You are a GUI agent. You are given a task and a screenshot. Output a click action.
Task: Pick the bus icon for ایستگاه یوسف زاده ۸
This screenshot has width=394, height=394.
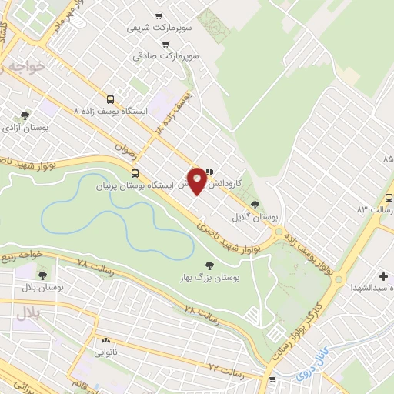(x=111, y=99)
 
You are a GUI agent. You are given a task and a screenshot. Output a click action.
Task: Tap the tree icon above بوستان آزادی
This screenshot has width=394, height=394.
(x=25, y=115)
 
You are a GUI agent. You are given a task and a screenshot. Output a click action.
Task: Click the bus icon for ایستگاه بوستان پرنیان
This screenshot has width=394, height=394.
(x=135, y=173)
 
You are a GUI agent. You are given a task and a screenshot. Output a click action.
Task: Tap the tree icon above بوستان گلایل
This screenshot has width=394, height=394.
(x=255, y=205)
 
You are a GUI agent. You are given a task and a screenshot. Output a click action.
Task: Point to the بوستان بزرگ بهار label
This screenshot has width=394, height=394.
(x=205, y=276)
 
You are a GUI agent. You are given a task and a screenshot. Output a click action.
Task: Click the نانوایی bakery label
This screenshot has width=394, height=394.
(x=105, y=352)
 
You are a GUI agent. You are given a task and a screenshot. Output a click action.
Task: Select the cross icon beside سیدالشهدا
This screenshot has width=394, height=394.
(x=383, y=275)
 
